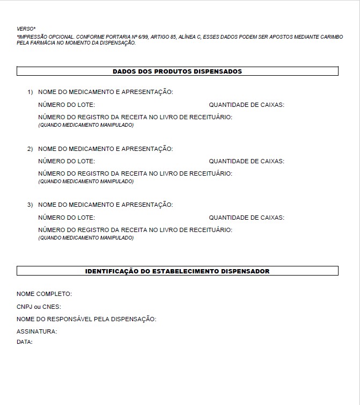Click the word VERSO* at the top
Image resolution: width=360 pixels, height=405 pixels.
pyautogui.click(x=26, y=28)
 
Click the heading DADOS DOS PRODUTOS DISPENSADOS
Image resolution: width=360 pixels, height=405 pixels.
pyautogui.click(x=177, y=71)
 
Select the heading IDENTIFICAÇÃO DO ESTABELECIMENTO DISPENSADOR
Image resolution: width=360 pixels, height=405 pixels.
pyautogui.click(x=177, y=271)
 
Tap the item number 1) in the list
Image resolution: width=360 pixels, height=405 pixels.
pyautogui.click(x=31, y=92)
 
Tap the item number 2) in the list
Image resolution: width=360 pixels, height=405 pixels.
pyautogui.click(x=31, y=148)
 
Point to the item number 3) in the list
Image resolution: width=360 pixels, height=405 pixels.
pyautogui.click(x=31, y=205)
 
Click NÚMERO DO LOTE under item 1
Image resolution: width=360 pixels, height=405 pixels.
pyautogui.click(x=67, y=105)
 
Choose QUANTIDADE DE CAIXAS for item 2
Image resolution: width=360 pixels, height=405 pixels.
pyautogui.click(x=246, y=161)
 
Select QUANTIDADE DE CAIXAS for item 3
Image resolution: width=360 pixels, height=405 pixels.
pyautogui.click(x=246, y=218)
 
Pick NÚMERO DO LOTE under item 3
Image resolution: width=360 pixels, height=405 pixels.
pyautogui.click(x=67, y=218)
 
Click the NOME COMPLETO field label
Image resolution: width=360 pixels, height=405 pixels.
pyautogui.click(x=44, y=294)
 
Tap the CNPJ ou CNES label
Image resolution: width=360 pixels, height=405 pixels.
pyautogui.click(x=39, y=307)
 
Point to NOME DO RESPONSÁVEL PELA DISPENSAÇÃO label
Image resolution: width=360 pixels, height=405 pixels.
pyautogui.click(x=86, y=319)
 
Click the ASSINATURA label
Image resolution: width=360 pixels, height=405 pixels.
pyautogui.click(x=36, y=331)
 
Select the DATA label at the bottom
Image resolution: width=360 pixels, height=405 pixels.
pyautogui.click(x=25, y=342)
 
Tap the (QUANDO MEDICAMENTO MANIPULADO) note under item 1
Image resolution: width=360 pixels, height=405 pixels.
pyautogui.click(x=86, y=125)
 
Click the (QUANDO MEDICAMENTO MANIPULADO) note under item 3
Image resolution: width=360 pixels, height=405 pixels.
pyautogui.click(x=86, y=238)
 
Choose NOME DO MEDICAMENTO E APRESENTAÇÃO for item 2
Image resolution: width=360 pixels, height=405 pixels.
pyautogui.click(x=105, y=148)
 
